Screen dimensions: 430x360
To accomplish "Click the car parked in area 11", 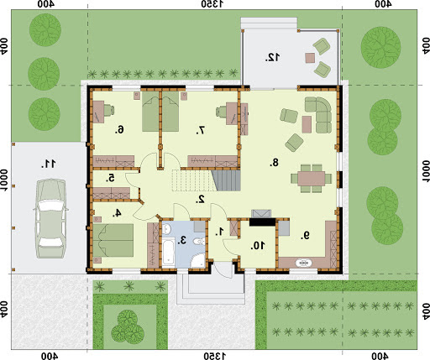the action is click(50, 218).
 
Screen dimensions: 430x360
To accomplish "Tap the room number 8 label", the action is click(274, 162).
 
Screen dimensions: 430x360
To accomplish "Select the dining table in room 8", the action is click(312, 179).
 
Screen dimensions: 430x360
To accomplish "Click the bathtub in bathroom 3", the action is click(168, 253).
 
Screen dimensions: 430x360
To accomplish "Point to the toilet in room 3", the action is click(200, 241).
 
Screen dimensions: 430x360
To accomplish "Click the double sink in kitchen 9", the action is click(304, 263).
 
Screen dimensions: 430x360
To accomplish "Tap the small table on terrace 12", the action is click(310, 58).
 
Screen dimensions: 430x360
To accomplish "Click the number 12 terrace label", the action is click(272, 57).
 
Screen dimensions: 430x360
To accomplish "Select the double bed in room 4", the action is click(113, 241).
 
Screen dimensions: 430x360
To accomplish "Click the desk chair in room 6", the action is click(109, 110).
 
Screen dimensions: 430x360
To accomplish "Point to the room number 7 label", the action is click(201, 130).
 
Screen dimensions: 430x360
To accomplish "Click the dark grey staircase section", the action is click(227, 180).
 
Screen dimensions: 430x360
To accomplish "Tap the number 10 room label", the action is click(258, 246).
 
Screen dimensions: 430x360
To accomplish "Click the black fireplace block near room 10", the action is click(262, 222).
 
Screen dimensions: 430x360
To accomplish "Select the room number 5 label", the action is click(111, 178).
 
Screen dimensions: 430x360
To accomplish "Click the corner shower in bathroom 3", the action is click(198, 260).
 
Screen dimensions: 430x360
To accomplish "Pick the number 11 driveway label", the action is click(49, 164).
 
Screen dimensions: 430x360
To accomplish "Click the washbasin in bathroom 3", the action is click(167, 229).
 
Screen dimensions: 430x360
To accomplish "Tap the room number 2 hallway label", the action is click(201, 199).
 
